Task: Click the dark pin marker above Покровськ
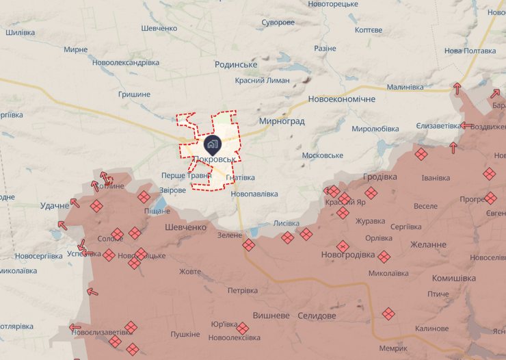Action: click(211, 144)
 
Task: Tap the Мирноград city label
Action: click(282, 121)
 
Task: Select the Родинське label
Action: click(236, 64)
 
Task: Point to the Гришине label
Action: click(134, 94)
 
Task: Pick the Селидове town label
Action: click(317, 316)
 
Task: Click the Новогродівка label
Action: click(348, 255)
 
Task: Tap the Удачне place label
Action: click(55, 205)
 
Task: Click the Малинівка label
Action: click(405, 87)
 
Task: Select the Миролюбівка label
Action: click(375, 129)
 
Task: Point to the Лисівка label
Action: click(287, 223)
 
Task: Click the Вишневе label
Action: click(271, 316)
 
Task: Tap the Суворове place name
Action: click(278, 23)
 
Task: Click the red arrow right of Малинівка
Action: click(457, 88)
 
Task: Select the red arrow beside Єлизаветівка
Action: click(467, 125)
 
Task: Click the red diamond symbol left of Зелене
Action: click(248, 244)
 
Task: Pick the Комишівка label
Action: click(454, 278)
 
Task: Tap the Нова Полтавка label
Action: click(470, 51)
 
